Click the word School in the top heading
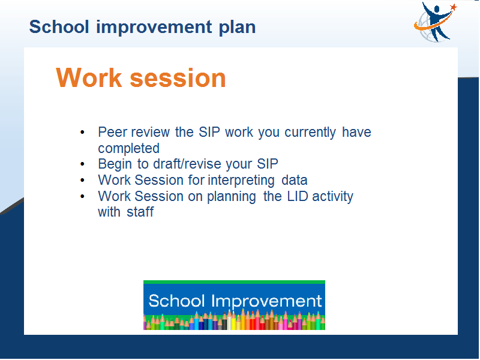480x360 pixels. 59,27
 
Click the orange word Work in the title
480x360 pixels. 89,78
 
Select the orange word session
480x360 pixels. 178,79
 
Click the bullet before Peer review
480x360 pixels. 82,133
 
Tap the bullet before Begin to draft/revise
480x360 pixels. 82,164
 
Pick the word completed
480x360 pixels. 129,149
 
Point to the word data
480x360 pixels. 295,180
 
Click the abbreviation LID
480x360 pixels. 298,196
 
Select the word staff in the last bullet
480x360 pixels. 140,212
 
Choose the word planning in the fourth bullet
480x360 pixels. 232,197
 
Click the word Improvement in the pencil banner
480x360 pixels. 266,302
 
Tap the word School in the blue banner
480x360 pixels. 176,301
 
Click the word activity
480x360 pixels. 333,197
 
